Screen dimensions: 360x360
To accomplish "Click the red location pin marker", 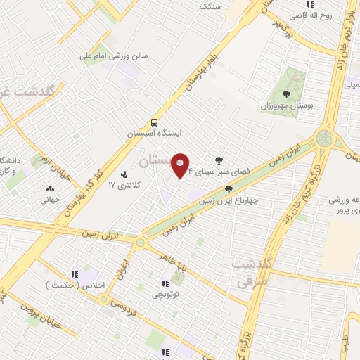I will [181, 166].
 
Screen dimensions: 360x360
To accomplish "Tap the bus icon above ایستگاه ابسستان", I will [154, 120].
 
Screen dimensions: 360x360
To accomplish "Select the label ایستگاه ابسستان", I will [155, 132].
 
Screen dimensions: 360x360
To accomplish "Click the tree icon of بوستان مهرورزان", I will [285, 94].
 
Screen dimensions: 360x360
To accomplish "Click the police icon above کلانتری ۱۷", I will [124, 174].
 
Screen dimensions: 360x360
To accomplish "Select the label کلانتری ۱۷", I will [124, 185].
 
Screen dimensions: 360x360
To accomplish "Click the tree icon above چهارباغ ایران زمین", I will [228, 188].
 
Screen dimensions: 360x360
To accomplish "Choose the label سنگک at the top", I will [210, 6].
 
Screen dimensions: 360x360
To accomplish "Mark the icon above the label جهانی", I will [49, 188].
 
